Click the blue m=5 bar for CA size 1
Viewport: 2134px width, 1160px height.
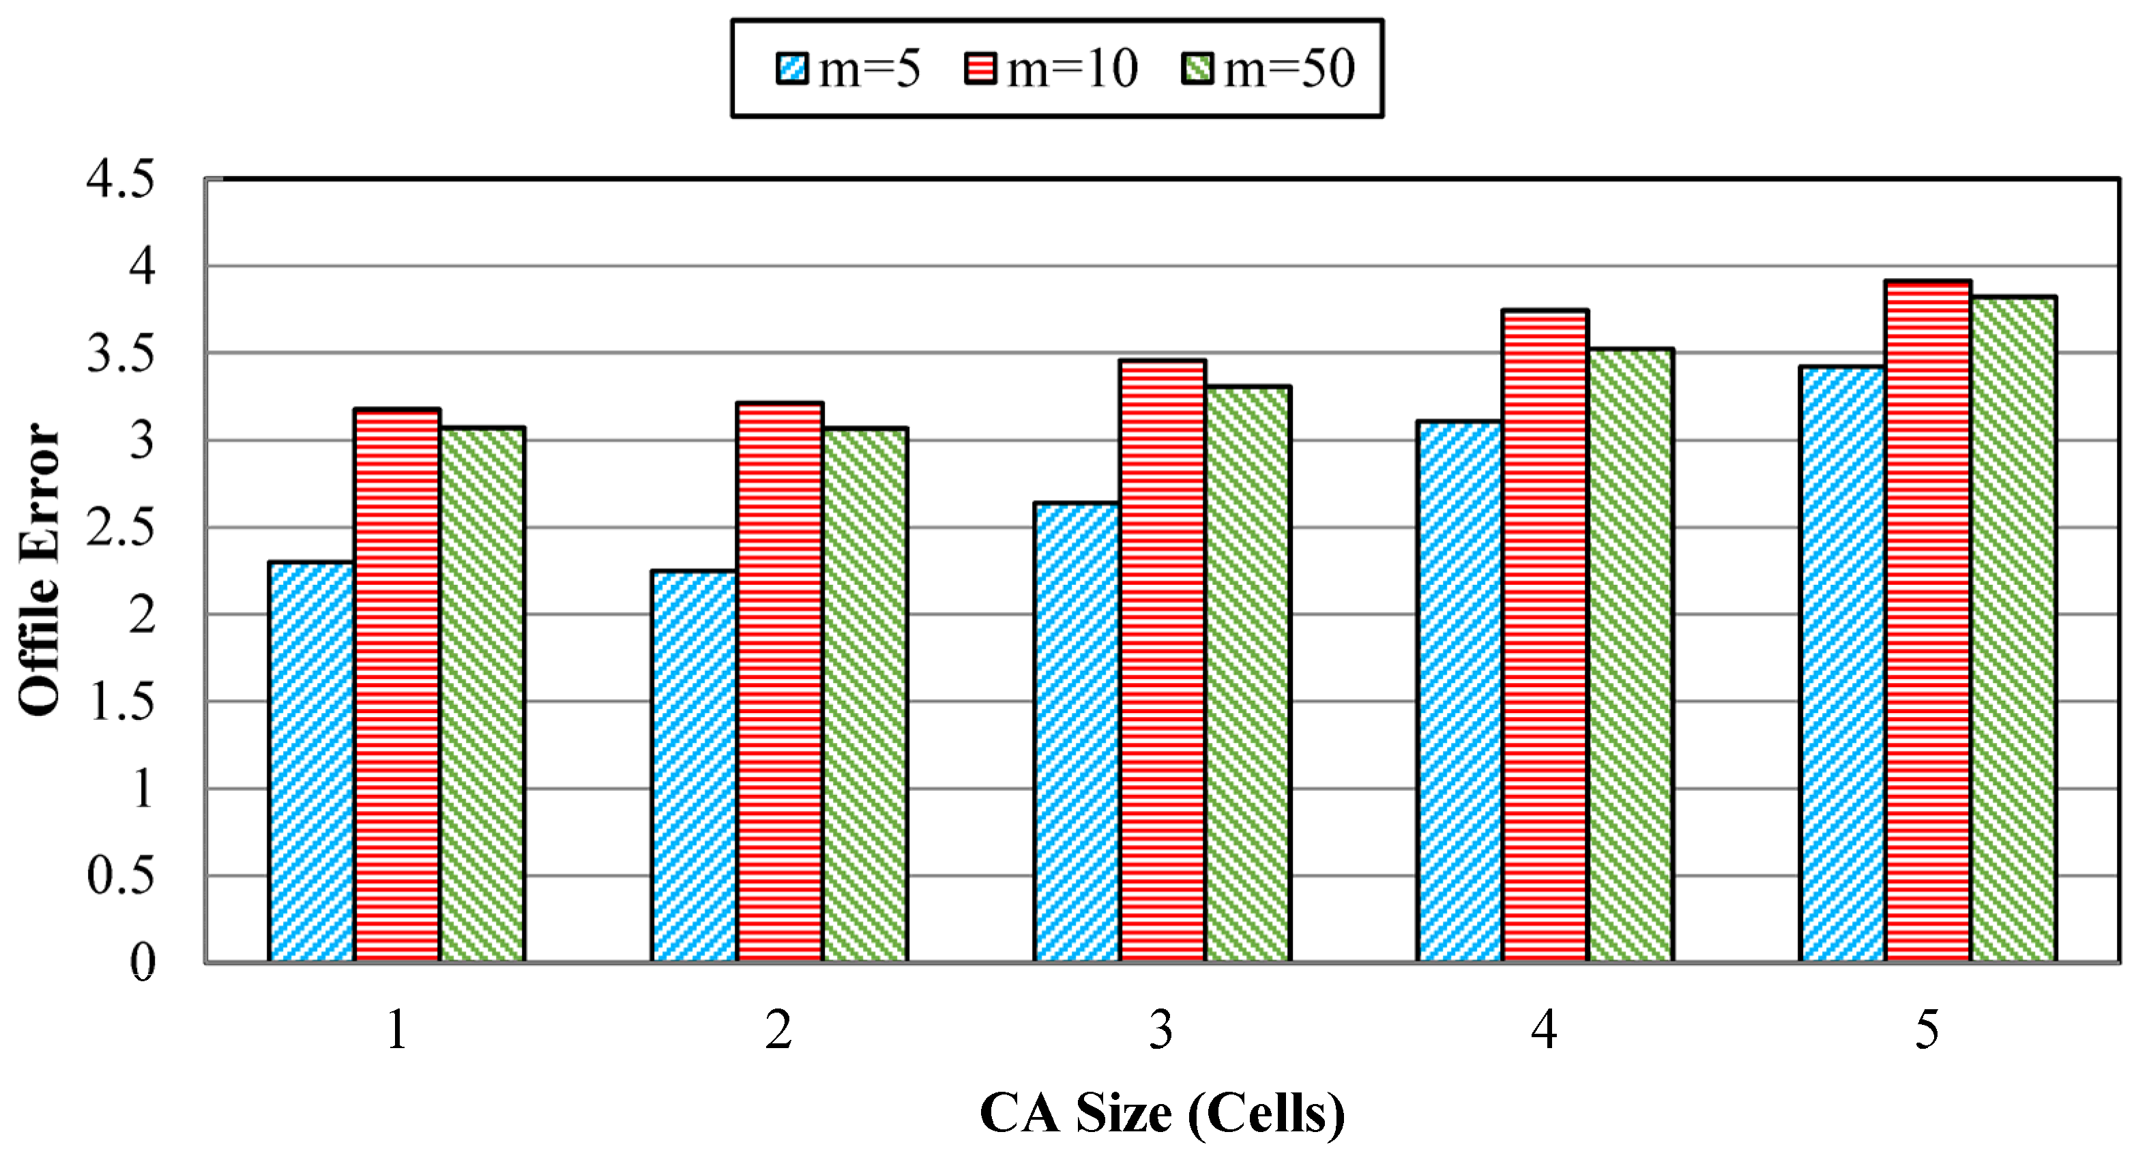(312, 762)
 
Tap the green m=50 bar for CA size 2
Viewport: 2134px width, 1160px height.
(865, 696)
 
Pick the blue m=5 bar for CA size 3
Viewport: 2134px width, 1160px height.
(1077, 734)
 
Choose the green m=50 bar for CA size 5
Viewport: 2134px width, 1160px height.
(2014, 630)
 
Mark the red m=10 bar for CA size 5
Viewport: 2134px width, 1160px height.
(1928, 622)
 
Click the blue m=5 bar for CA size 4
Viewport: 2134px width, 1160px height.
(1460, 692)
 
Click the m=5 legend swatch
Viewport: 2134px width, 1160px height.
(792, 69)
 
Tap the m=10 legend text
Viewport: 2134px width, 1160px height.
(1072, 69)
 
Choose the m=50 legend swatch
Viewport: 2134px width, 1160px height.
(1197, 69)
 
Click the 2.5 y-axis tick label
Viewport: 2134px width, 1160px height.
(120, 529)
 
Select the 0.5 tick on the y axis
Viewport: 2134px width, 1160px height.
(120, 877)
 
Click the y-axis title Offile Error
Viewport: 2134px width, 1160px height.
(40, 570)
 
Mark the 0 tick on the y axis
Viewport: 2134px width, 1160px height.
(143, 963)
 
